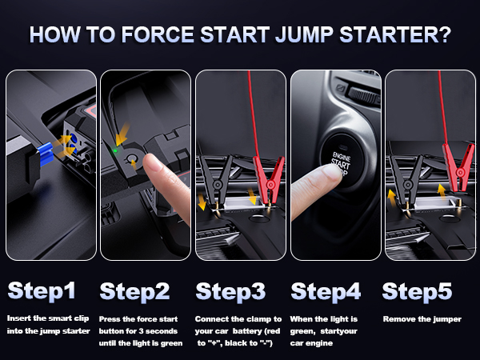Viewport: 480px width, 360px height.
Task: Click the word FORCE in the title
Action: [x=158, y=34]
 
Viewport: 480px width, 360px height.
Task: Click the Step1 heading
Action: [x=42, y=291]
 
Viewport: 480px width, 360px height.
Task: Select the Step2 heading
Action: [x=134, y=292]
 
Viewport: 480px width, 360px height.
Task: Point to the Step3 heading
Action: [x=230, y=292]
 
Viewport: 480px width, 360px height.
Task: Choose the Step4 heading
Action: [x=326, y=292]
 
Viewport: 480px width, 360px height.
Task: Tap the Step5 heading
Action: [x=417, y=292]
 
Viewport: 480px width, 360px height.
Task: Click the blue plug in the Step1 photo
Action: [x=46, y=154]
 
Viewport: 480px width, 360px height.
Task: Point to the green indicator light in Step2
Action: [x=115, y=150]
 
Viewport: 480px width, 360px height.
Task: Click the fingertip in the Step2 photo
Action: [x=154, y=162]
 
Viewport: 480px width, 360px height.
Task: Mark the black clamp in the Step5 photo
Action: [x=406, y=182]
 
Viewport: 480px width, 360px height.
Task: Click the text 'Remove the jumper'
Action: [x=422, y=319]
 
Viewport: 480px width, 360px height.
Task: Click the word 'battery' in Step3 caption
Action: [x=246, y=331]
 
